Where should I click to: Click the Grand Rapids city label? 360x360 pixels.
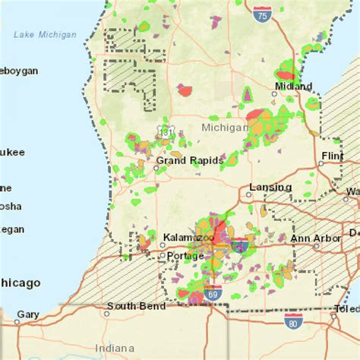pyautogui.click(x=189, y=161)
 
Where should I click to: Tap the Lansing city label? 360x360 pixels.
pyautogui.click(x=270, y=188)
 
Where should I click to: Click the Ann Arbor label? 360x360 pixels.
pyautogui.click(x=311, y=238)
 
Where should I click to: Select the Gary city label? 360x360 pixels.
pyautogui.click(x=28, y=314)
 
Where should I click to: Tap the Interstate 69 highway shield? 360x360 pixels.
pyautogui.click(x=218, y=292)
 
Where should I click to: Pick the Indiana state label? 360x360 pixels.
pyautogui.click(x=112, y=348)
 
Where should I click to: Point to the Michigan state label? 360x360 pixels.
pyautogui.click(x=225, y=128)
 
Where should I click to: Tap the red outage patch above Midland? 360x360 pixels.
pyautogui.click(x=285, y=75)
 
